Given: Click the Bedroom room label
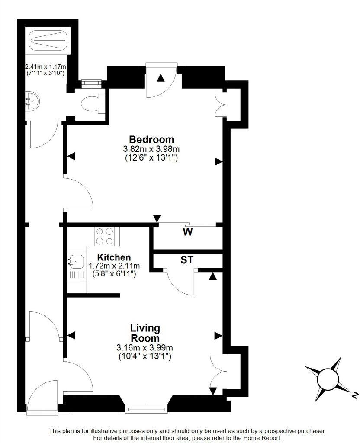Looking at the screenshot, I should coord(151,140).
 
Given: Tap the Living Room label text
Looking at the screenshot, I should coord(145,333).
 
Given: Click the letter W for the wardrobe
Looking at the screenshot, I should coord(187,232).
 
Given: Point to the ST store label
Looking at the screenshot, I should coord(187,260).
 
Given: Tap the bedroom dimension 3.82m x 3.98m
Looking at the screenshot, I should coord(151,149).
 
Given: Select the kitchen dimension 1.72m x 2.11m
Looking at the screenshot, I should coord(114,266).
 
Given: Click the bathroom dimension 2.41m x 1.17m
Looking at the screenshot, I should coord(45,67).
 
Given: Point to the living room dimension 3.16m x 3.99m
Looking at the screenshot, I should coord(145,348).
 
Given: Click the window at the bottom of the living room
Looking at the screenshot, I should coord(146,407).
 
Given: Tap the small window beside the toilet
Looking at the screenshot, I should coord(91,80).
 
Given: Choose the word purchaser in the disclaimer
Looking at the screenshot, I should coord(305,431).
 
